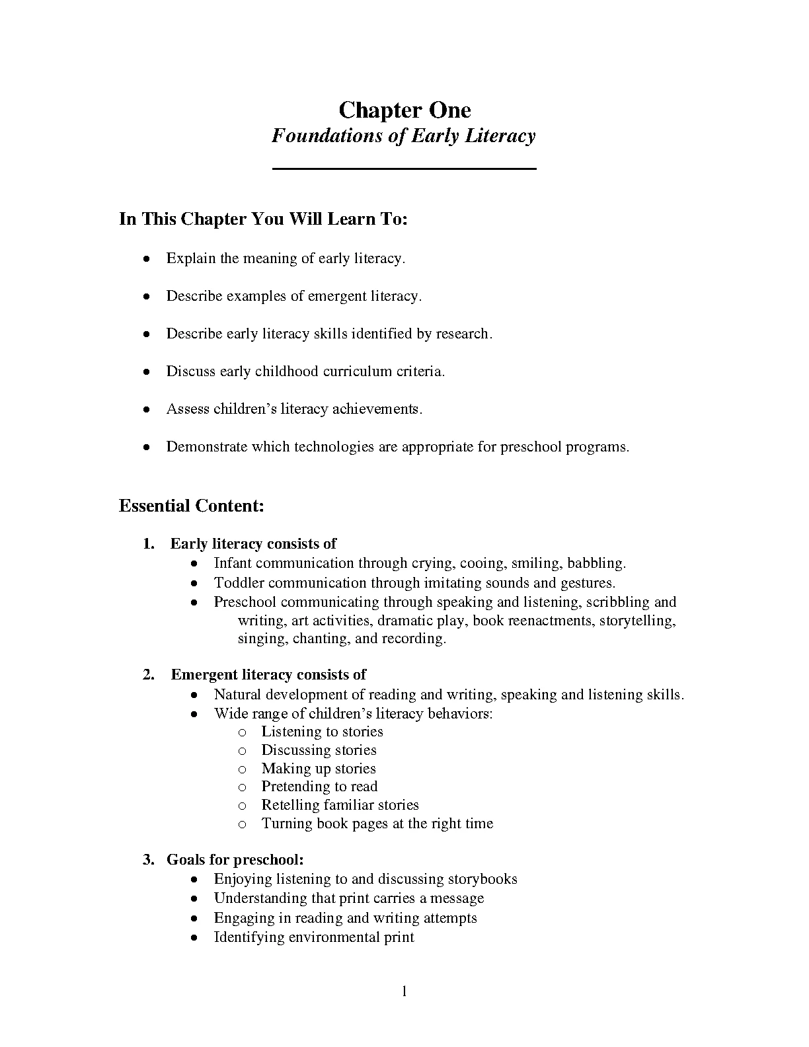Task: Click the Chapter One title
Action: [x=404, y=110]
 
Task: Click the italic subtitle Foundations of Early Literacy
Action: [x=404, y=136]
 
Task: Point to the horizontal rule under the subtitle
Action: [x=404, y=170]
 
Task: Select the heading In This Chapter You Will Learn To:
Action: [x=263, y=219]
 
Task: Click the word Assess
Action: [x=187, y=409]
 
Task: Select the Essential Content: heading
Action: [x=192, y=506]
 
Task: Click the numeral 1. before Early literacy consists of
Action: [x=149, y=544]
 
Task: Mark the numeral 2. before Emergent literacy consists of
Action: [x=149, y=675]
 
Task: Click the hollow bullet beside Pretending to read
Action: [x=243, y=787]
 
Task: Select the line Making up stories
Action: [x=319, y=769]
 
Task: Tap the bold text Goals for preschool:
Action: [x=235, y=860]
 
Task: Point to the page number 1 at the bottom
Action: [x=404, y=991]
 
